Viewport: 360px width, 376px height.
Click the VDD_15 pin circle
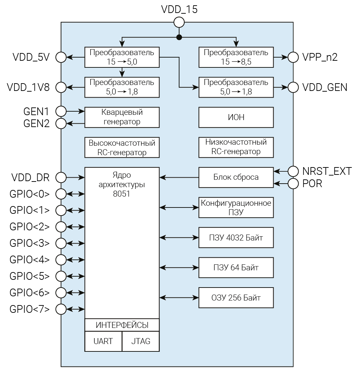[179, 22]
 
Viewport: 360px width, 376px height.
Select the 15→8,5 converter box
[236, 57]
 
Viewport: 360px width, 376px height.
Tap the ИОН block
[236, 117]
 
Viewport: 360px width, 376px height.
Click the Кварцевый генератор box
[122, 117]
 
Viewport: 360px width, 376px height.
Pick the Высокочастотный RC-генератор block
[122, 147]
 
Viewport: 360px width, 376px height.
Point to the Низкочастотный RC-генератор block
[236, 147]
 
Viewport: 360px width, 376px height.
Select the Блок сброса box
[236, 177]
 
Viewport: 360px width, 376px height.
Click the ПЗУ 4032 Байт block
[236, 238]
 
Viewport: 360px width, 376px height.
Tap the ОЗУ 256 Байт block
[236, 298]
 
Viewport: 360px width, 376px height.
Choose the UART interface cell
[103, 341]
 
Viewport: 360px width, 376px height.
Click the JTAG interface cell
[141, 341]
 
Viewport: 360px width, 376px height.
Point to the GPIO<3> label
[30, 243]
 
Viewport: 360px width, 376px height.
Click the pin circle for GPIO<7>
[61, 309]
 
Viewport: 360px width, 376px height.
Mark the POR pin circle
[293, 183]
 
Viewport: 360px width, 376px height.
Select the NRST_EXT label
[327, 171]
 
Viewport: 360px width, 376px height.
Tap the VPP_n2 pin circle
[293, 57]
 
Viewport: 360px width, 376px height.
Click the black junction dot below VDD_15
[179, 37]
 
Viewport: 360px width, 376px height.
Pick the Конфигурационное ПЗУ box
[236, 207]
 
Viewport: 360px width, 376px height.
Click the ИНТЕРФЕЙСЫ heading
[122, 325]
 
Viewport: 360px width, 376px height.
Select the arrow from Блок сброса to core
[179, 177]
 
